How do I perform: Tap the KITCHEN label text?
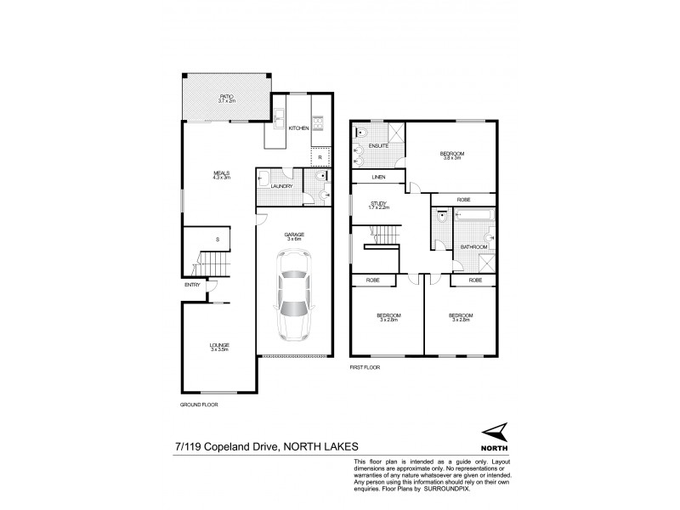click(x=297, y=128)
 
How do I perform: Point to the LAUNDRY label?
click(x=282, y=186)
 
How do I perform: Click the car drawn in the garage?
click(x=294, y=303)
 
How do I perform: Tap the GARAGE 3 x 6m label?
click(x=294, y=235)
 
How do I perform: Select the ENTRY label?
click(x=192, y=285)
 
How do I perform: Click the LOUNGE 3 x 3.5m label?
click(x=220, y=346)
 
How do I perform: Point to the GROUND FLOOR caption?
click(x=198, y=405)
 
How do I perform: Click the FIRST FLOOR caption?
click(x=365, y=369)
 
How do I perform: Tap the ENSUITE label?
click(x=380, y=146)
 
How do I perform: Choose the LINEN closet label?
click(x=378, y=178)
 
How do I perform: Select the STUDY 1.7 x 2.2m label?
click(x=378, y=206)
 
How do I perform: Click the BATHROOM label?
click(x=473, y=246)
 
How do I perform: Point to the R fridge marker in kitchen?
click(x=319, y=157)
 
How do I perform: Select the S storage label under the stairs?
click(x=217, y=241)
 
